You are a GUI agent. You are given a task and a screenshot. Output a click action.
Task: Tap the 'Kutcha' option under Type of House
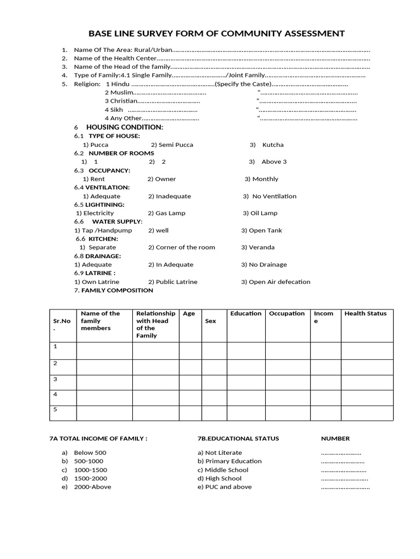point(272,145)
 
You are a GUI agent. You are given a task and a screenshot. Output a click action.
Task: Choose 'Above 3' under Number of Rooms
point(273,162)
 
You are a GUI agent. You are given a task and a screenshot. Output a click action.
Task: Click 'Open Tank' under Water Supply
point(265,230)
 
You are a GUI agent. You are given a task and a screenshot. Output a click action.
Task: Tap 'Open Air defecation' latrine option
point(279,282)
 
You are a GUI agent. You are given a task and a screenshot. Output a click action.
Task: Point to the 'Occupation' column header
point(287,313)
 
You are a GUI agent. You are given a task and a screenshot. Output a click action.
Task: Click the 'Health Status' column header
point(365,313)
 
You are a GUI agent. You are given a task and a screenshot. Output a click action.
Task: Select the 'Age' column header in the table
point(189,313)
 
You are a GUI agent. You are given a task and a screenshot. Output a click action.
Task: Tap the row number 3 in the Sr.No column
point(55,379)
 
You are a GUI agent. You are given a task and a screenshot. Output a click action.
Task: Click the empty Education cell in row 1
point(246,350)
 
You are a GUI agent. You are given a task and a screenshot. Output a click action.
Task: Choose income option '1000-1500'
point(90,469)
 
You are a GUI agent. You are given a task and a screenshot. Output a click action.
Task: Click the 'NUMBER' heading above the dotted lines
point(335,438)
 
